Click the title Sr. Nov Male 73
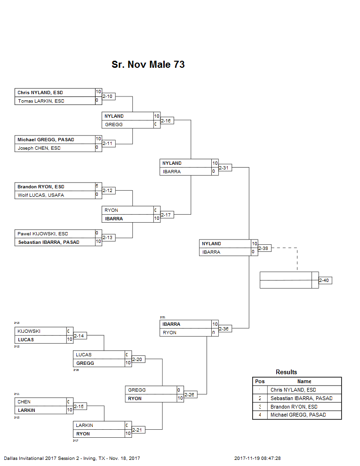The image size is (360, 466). tap(148, 64)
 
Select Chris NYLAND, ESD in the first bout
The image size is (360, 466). tap(40, 93)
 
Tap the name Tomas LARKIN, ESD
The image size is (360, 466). tap(41, 101)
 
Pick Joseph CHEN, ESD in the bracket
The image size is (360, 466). tap(39, 148)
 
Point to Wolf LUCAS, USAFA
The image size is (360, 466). tap(41, 195)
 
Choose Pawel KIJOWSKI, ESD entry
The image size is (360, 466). tap(43, 233)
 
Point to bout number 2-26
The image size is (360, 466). tap(190, 394)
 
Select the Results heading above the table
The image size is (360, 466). tap(286, 372)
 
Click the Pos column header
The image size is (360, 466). tap(259, 381)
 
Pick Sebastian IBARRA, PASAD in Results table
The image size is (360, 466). tap(301, 398)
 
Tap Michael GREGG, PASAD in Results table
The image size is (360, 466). tap(298, 415)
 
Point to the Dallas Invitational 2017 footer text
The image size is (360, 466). tap(72, 458)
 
